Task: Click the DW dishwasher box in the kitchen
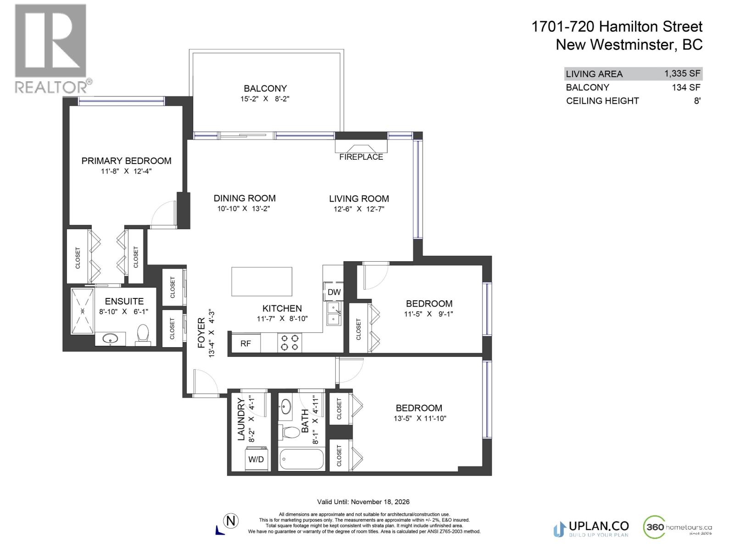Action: pos(334,292)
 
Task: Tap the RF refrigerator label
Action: pos(245,343)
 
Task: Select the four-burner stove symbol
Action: pos(289,343)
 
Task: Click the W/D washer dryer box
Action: pos(256,459)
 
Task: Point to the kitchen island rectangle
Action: pos(261,281)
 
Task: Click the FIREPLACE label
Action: pos(361,157)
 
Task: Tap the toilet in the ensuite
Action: pos(143,336)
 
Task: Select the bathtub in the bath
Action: pos(301,459)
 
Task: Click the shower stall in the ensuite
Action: pos(83,311)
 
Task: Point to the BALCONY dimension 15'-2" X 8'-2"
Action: pos(265,99)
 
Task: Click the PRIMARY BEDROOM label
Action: pos(126,161)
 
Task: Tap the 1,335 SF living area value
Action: pos(682,73)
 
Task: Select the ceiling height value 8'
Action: pos(697,101)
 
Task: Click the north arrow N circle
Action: pos(231,521)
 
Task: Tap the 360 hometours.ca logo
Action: pos(678,527)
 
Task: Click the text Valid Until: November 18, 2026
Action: pos(363,502)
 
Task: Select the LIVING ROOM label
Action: pos(359,199)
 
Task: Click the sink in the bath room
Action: pos(286,406)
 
